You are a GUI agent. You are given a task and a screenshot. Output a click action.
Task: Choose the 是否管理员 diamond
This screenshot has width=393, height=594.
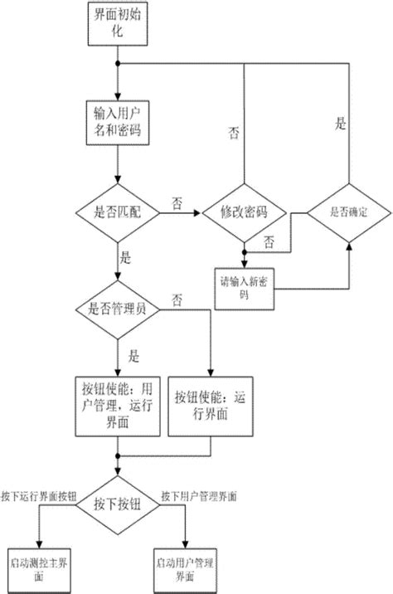point(119,309)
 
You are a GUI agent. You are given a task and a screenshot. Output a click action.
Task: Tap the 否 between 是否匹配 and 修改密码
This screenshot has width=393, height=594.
point(177,202)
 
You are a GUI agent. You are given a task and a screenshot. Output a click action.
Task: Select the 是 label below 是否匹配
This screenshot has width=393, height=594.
point(126,259)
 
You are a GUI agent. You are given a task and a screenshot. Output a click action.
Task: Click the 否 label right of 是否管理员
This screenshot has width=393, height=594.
point(177,298)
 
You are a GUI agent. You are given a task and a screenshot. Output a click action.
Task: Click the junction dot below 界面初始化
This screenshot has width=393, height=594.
point(119,64)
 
